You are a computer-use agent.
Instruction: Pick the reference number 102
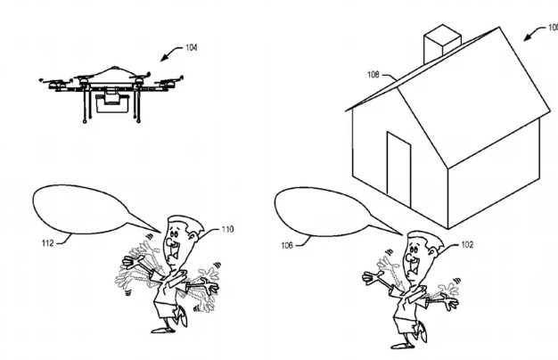click(x=470, y=243)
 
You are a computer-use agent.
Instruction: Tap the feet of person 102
click(x=401, y=343)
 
